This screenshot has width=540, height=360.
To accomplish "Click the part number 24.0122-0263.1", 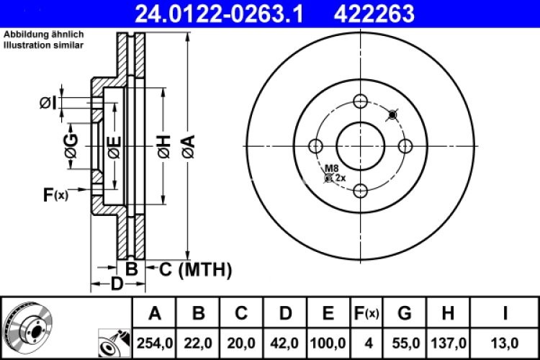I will (215, 12).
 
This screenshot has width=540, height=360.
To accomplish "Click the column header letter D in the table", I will (285, 313).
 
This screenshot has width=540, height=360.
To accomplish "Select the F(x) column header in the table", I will (366, 313).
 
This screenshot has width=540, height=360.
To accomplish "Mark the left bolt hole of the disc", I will (315, 146).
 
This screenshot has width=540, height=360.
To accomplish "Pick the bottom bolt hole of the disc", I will (360, 192).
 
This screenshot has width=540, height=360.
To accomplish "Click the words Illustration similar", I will (43, 45).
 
